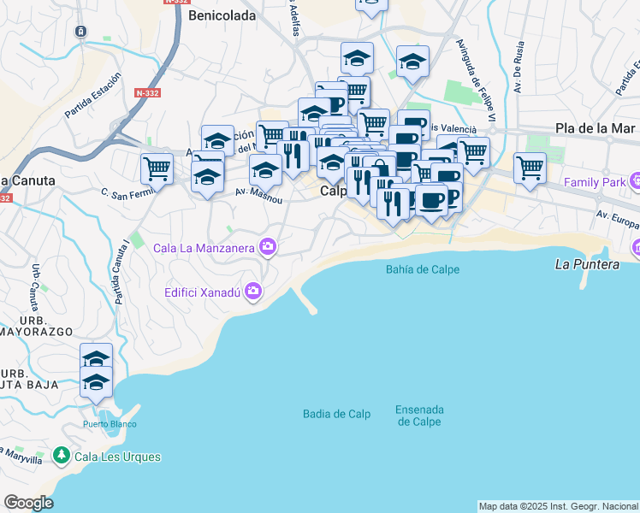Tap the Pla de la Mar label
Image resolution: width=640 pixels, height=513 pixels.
point(595,128)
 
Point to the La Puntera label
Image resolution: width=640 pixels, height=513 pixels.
point(587,264)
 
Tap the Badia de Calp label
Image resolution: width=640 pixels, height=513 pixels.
point(336,414)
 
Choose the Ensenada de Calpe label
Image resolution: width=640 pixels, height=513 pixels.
point(418,416)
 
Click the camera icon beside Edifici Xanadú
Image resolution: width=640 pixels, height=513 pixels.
point(252,292)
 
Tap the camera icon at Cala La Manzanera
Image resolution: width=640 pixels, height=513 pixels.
point(269,248)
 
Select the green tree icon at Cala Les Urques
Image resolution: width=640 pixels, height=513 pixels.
point(61,457)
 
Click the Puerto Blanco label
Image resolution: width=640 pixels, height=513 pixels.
point(110,424)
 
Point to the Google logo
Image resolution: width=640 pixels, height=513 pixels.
point(28,502)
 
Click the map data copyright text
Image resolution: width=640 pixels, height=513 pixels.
point(558,506)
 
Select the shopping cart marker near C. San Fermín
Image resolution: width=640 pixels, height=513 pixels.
point(157,168)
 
